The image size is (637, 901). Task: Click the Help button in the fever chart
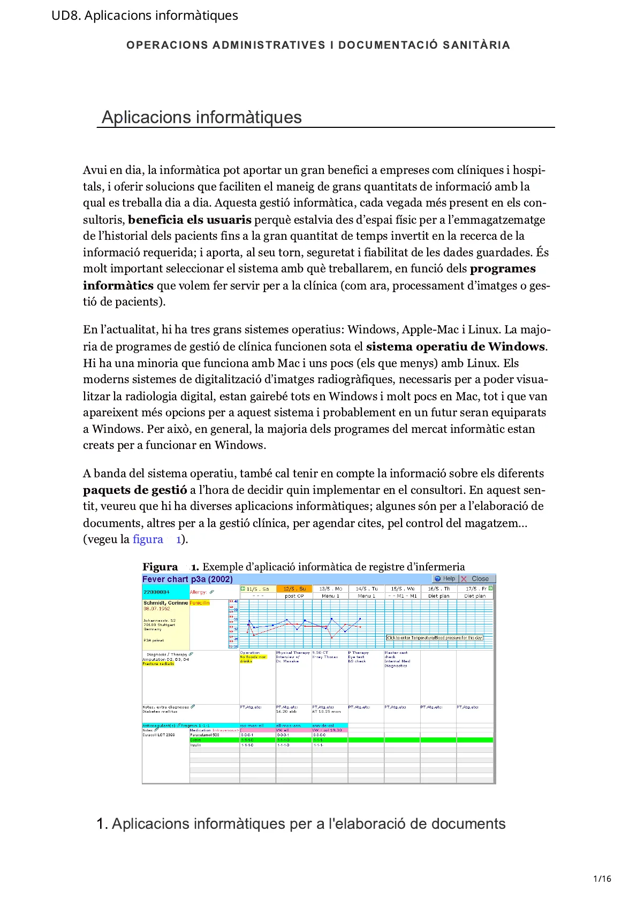(445, 579)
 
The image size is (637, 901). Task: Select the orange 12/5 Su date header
(294, 589)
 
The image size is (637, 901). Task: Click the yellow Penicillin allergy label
(200, 603)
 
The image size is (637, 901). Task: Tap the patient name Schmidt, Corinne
(165, 603)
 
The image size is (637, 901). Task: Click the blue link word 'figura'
(148, 539)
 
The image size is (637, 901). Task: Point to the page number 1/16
(602, 879)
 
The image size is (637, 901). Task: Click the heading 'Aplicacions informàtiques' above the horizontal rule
(201, 117)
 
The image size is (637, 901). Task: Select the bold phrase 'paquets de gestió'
(135, 490)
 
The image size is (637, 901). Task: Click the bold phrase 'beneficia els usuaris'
(189, 220)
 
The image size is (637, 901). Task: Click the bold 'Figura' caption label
(160, 567)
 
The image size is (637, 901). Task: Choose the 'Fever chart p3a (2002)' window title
(187, 579)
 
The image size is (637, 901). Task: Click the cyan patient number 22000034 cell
(156, 592)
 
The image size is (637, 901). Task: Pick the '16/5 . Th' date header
(438, 589)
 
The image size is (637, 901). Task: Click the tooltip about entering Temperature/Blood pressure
(435, 638)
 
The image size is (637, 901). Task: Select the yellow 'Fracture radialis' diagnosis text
(158, 664)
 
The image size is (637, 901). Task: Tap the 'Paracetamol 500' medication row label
(204, 735)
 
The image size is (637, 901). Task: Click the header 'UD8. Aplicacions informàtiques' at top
(145, 16)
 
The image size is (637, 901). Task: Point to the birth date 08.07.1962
(156, 609)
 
